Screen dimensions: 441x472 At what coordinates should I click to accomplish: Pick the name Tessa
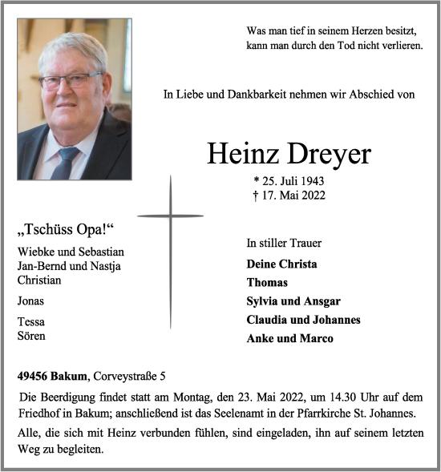[30, 322]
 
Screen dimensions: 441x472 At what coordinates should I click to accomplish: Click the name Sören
[31, 336]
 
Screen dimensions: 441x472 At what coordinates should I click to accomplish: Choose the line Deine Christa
[281, 264]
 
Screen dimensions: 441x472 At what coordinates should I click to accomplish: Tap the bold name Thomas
[267, 282]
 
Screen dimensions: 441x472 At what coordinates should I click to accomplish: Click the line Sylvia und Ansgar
[293, 301]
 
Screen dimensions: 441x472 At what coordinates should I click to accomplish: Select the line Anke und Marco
[289, 338]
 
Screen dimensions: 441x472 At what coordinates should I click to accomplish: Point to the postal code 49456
[35, 375]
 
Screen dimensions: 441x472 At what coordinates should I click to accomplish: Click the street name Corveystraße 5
[130, 375]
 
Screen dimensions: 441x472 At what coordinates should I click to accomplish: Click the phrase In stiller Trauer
[284, 243]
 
